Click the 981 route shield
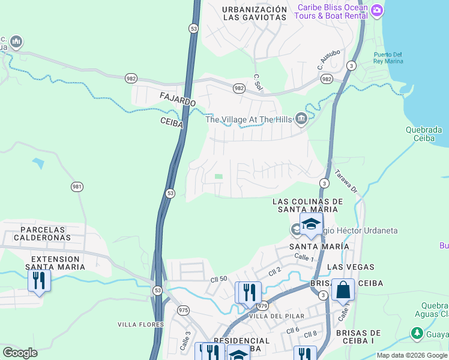76,187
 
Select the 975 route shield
183,310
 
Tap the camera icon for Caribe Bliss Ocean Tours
377,10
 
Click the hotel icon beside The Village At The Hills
301,119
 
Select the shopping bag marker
342,290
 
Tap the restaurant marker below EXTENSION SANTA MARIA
39,281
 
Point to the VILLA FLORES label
140,325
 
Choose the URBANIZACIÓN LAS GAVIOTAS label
255,13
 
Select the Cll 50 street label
219,280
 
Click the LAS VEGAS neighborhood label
352,266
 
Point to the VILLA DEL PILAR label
277,316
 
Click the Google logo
20,353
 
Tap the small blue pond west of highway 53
38,163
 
